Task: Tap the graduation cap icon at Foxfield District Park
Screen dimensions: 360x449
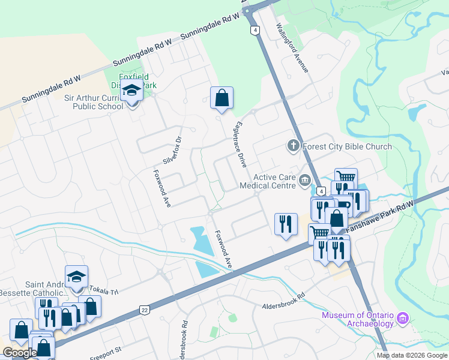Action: pyautogui.click(x=131, y=91)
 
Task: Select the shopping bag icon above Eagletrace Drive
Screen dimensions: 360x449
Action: pyautogui.click(x=221, y=97)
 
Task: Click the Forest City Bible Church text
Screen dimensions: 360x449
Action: pyautogui.click(x=347, y=146)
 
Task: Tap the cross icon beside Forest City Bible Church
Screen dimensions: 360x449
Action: pyautogui.click(x=293, y=145)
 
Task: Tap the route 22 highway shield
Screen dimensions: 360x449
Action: pyautogui.click(x=144, y=310)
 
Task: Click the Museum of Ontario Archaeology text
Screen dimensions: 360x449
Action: pyautogui.click(x=357, y=320)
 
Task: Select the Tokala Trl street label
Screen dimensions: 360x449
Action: pyautogui.click(x=106, y=291)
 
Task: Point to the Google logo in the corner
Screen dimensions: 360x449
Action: pyautogui.click(x=19, y=353)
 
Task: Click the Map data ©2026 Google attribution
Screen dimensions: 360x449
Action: pyautogui.click(x=412, y=355)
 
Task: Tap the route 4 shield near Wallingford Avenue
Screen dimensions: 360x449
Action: pyautogui.click(x=256, y=29)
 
